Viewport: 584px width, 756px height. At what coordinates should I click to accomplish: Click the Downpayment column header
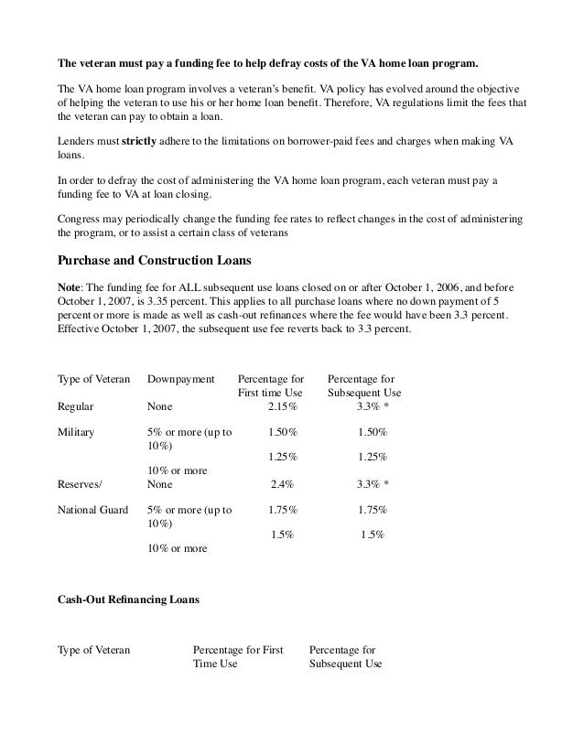(x=180, y=378)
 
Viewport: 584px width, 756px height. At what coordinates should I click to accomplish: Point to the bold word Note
(x=70, y=286)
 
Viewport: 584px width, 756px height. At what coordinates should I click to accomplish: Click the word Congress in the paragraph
(x=80, y=220)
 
